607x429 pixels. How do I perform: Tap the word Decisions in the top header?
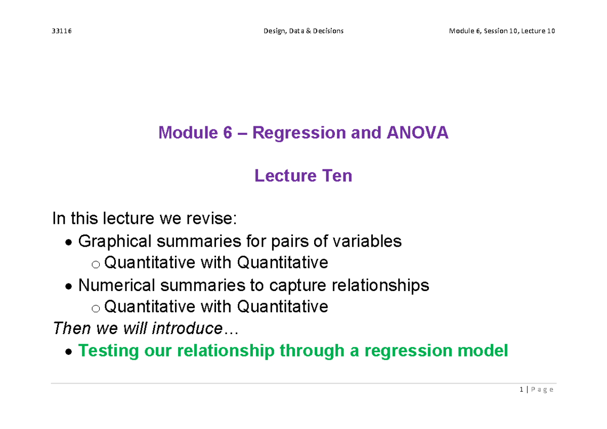click(328, 31)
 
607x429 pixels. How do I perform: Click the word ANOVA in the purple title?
click(417, 133)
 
